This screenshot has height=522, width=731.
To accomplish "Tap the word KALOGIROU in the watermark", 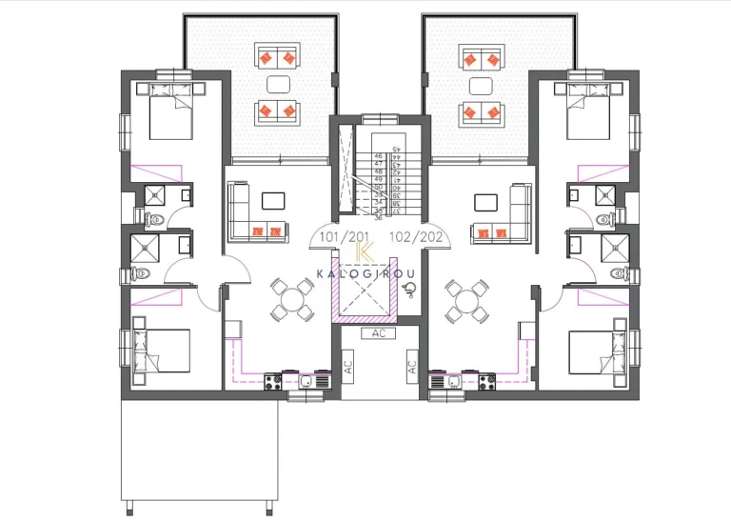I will click(x=365, y=275).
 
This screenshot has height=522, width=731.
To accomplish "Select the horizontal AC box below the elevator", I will click(x=378, y=333).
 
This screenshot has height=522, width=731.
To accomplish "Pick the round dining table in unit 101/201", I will click(x=289, y=297).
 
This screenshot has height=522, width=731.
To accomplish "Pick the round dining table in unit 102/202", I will click(x=466, y=297).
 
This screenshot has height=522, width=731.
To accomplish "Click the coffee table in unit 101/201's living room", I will click(x=274, y=200).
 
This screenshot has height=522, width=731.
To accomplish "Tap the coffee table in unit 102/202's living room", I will click(x=484, y=200).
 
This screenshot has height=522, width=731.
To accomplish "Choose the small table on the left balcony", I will click(x=279, y=84).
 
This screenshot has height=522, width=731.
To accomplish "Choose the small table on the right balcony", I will click(x=480, y=84).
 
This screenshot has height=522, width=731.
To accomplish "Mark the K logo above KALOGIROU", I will click(x=364, y=251).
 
